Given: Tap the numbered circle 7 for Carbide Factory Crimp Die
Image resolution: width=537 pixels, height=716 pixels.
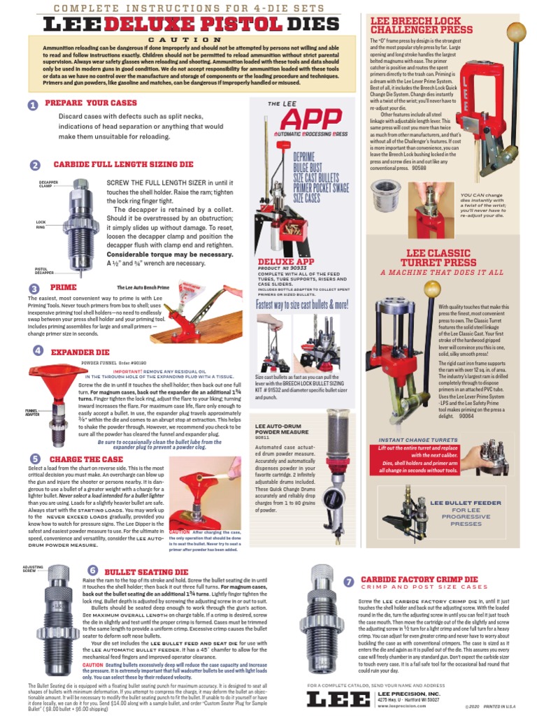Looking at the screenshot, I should point(349,582).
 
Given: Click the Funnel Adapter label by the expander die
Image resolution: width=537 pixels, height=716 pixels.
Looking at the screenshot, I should point(31,412).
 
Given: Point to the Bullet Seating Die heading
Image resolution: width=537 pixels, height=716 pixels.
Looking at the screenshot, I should point(146,572).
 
